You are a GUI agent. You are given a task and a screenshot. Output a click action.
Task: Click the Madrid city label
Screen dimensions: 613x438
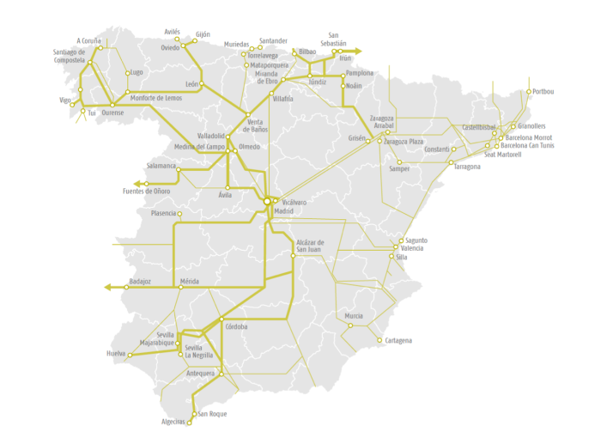click(x=283, y=210)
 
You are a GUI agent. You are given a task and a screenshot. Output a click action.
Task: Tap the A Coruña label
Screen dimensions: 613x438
click(x=88, y=40)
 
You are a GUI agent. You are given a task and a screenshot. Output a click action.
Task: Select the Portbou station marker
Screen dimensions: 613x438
click(x=529, y=91)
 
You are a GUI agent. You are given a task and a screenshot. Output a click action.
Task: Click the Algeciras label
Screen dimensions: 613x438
click(x=173, y=422)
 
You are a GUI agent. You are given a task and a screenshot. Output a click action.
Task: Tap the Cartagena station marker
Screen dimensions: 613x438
click(x=379, y=340)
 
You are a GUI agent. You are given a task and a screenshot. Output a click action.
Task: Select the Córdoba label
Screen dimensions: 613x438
click(x=236, y=326)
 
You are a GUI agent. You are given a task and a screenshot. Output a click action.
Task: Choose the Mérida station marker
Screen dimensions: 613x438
click(x=180, y=287)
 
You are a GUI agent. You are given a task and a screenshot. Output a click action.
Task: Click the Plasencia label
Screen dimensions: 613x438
click(x=163, y=213)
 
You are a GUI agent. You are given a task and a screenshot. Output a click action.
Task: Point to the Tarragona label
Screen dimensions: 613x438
click(x=468, y=167)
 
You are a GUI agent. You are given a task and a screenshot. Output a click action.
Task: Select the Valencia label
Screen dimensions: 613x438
click(x=412, y=248)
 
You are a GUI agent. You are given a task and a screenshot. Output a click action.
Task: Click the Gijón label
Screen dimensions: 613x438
click(x=203, y=33)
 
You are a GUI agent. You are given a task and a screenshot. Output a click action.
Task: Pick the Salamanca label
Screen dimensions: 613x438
click(x=161, y=166)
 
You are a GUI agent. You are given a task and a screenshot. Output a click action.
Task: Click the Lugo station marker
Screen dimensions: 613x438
click(x=128, y=73)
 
